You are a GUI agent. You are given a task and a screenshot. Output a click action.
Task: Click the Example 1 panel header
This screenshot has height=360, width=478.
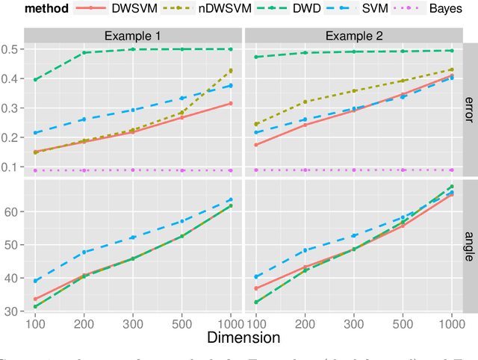click(133, 36)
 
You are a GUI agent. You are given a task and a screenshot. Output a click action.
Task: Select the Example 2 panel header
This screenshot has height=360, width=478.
click(353, 36)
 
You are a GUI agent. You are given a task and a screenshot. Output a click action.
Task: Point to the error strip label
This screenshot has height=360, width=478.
click(470, 110)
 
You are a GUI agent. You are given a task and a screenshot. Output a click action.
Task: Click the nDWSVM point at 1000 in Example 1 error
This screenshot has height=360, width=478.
click(231, 71)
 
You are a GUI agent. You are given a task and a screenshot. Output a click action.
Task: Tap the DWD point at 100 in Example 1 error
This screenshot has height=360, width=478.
click(35, 79)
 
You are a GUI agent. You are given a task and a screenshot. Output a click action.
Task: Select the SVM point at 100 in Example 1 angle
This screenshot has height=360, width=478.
click(35, 281)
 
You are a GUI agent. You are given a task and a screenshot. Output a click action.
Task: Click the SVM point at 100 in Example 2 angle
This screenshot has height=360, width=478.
click(257, 276)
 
